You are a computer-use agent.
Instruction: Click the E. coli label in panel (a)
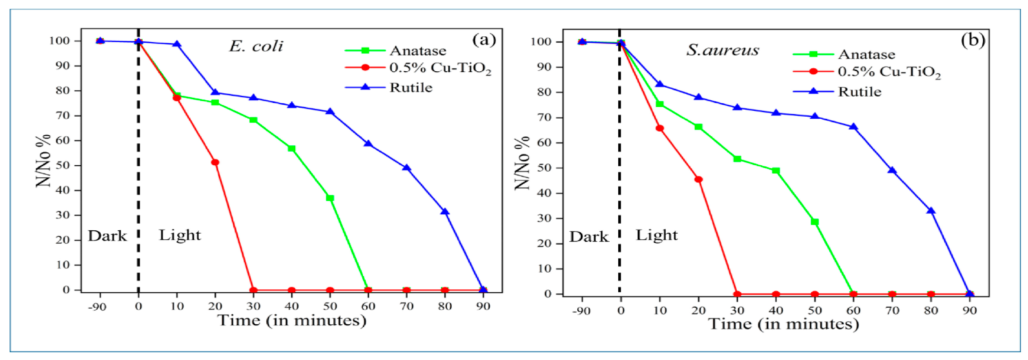click(x=256, y=46)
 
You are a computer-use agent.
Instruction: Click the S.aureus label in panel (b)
click(x=722, y=50)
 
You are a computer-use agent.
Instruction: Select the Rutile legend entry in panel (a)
click(x=411, y=87)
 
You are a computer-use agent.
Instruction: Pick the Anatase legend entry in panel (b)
click(x=866, y=54)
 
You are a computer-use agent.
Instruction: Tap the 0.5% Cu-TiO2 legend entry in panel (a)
click(x=440, y=68)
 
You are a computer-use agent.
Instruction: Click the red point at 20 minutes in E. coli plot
click(x=215, y=162)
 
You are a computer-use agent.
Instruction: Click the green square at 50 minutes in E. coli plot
click(x=330, y=198)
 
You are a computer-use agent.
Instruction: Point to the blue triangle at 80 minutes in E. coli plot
click(x=445, y=211)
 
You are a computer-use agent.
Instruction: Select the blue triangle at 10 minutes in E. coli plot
click(x=177, y=44)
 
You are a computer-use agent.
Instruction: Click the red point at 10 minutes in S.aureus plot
click(x=660, y=128)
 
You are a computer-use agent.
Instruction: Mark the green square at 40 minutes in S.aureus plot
click(x=776, y=171)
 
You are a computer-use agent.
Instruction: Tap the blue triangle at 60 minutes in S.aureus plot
click(x=853, y=127)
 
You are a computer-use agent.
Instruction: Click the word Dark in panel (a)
click(x=107, y=236)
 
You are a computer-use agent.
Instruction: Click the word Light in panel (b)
click(x=656, y=235)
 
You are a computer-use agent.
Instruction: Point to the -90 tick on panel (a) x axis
click(x=97, y=307)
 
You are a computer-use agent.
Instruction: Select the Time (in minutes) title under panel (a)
click(x=292, y=320)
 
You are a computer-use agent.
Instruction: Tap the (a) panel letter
click(x=484, y=39)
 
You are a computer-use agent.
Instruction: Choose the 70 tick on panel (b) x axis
click(x=892, y=311)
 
